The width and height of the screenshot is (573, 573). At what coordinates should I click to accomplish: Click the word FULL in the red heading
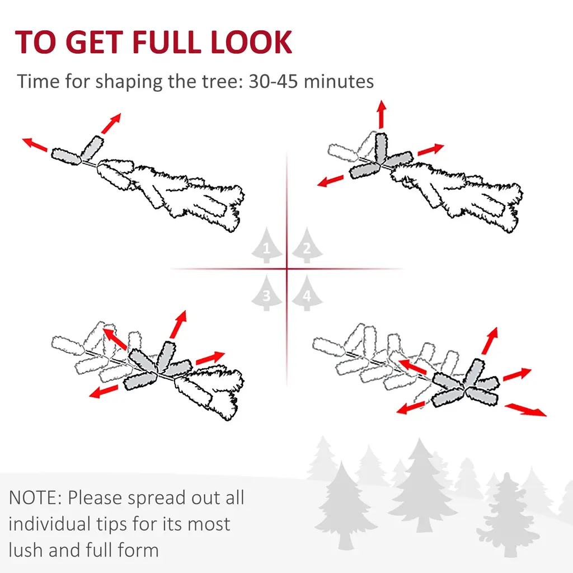[x=167, y=42]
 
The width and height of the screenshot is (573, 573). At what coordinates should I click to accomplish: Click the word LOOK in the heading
[x=251, y=42]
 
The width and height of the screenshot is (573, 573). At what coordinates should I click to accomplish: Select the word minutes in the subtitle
[x=339, y=81]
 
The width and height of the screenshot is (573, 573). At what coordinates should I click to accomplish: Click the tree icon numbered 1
[x=267, y=245]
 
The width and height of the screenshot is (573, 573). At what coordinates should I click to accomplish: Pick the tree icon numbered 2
[x=307, y=245]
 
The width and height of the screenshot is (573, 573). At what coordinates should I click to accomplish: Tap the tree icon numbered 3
[x=267, y=293]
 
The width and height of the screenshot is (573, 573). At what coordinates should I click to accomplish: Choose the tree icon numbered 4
[x=307, y=293]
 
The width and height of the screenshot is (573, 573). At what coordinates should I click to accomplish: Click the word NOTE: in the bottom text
[x=35, y=497]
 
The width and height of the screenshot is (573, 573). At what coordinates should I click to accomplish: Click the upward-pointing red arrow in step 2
[x=382, y=114]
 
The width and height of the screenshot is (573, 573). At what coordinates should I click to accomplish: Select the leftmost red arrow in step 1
[x=35, y=144]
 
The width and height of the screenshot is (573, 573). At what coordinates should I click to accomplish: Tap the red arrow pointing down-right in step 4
[x=525, y=410]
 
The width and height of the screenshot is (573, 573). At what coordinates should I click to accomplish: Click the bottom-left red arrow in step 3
[x=104, y=391]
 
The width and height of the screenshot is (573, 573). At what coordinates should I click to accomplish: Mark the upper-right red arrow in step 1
[x=111, y=124]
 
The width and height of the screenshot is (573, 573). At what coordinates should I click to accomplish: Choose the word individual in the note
[x=49, y=524]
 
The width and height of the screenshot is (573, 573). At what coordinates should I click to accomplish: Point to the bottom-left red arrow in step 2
[x=331, y=181]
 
